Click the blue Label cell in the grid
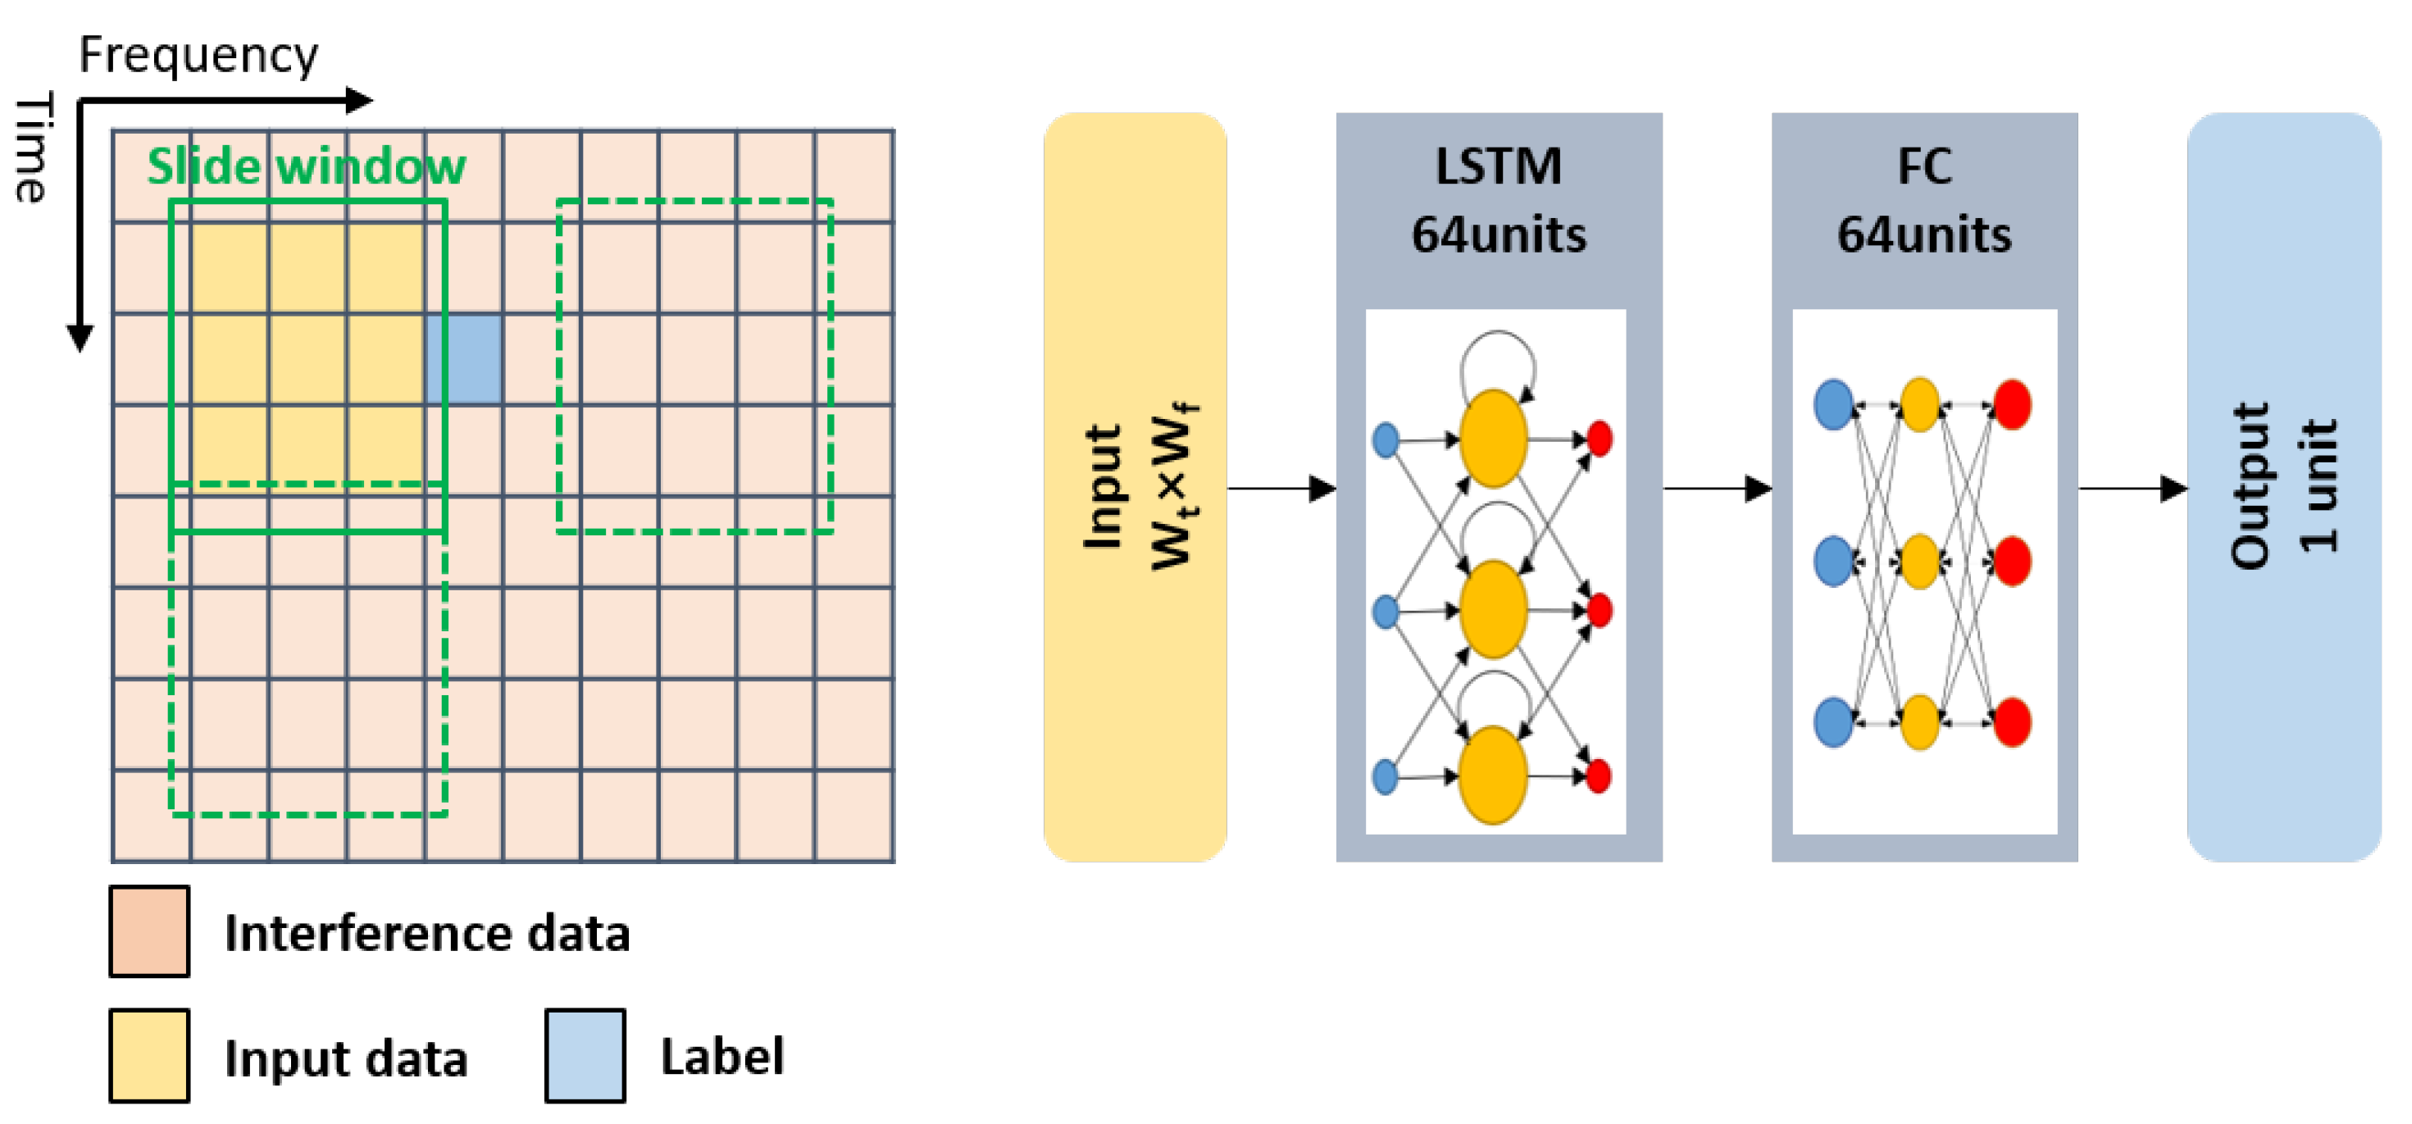(x=464, y=360)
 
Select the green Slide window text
(x=306, y=166)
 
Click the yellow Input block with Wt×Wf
(x=1135, y=487)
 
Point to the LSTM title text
(x=1498, y=166)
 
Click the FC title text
(x=1924, y=166)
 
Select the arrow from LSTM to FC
(x=1716, y=488)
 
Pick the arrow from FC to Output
(x=2132, y=488)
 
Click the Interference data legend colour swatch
(x=149, y=931)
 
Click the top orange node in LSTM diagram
(x=1494, y=439)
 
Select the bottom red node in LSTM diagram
(x=1600, y=776)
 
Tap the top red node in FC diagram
(x=2011, y=405)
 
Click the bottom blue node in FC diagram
(x=1833, y=722)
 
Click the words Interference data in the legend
(x=427, y=933)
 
